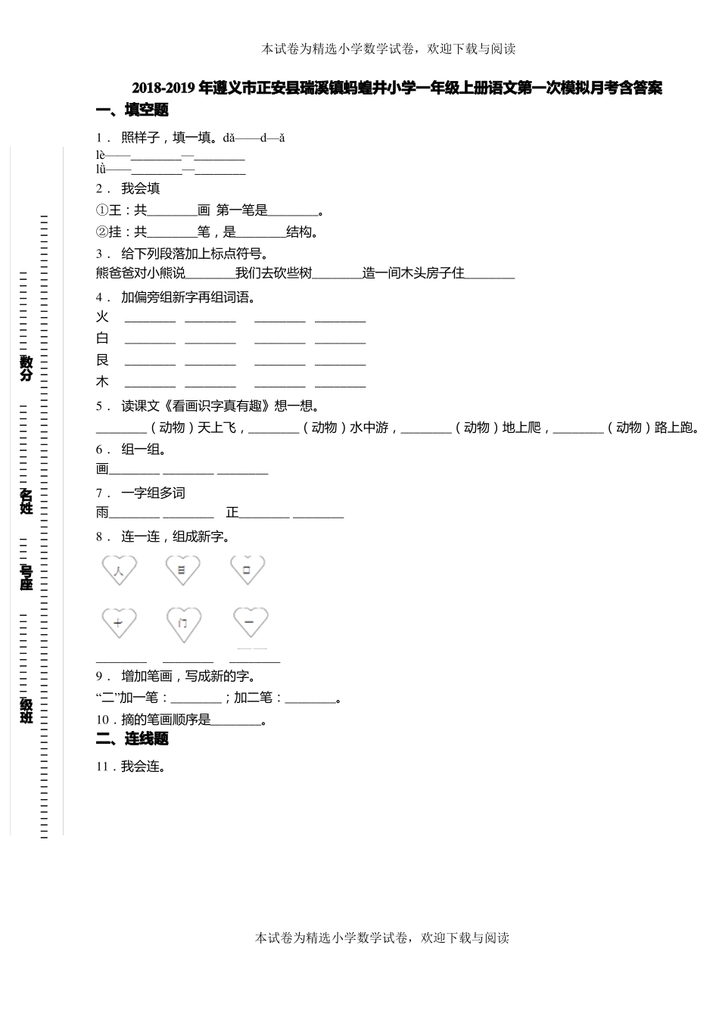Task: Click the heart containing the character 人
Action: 119,570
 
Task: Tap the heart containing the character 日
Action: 182,570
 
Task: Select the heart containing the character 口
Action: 247,570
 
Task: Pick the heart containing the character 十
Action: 119,624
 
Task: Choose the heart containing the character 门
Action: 183,624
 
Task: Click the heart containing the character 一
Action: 247,624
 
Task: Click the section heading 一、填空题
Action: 132,110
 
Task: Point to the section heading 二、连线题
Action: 132,739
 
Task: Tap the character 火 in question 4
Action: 102,317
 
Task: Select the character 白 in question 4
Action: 102,338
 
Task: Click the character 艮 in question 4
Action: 102,360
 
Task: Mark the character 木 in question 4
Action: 102,382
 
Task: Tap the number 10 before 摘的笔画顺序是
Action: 102,720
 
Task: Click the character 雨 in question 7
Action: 102,513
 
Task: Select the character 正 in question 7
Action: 232,513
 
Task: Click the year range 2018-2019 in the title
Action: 163,89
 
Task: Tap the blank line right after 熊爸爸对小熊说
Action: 210,274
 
